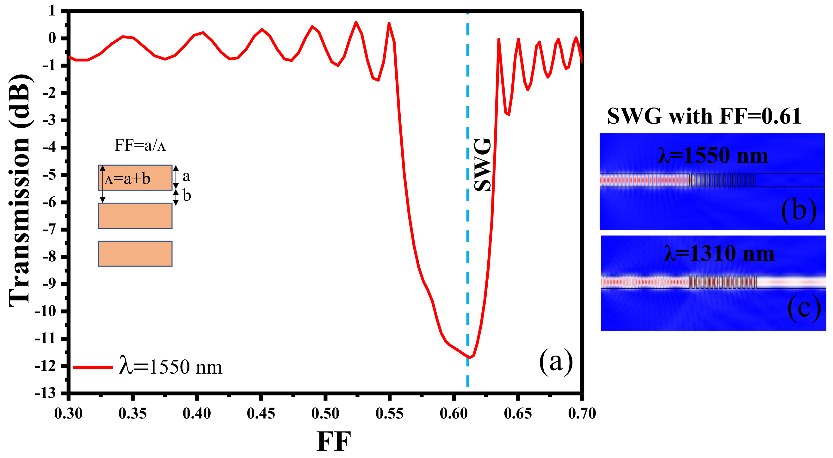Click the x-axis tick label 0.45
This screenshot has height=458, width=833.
pos(261,414)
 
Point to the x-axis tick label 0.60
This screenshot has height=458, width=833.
pos(454,414)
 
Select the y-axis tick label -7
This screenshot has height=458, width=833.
pos(50,230)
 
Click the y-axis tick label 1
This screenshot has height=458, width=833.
pos(52,11)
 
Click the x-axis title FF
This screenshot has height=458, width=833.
pos(333,442)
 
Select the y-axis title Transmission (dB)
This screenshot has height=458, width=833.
pos(20,191)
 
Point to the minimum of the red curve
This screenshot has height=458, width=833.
pos(468,357)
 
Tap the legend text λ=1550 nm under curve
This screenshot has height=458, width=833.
pos(171,368)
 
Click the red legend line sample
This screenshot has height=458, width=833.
pos(93,368)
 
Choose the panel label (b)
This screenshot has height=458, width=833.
pos(799,211)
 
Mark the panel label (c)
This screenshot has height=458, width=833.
pos(804,308)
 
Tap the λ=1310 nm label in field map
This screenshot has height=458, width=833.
pos(719,254)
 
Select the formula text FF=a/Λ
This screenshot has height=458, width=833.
pos(140,145)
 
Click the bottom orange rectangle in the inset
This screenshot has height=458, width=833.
pos(135,254)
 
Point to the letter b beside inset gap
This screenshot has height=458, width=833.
pos(187,196)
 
